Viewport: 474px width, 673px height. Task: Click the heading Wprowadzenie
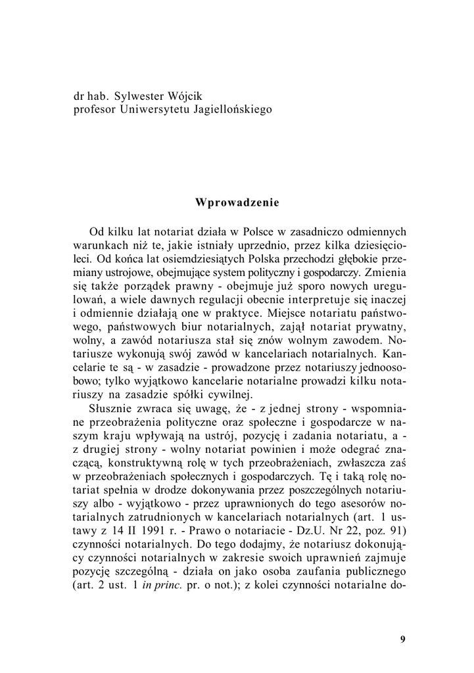[237, 202]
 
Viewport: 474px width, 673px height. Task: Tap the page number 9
[402, 639]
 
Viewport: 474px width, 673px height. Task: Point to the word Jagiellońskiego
[224, 108]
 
